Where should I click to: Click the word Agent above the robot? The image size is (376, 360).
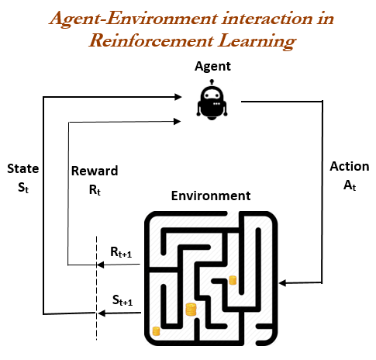click(x=212, y=67)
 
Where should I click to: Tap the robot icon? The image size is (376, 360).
click(x=212, y=100)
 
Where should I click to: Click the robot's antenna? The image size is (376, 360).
click(x=212, y=82)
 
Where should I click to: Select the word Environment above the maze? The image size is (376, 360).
click(x=211, y=196)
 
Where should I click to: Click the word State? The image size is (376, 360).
click(x=23, y=168)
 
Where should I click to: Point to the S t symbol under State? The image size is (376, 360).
click(x=23, y=187)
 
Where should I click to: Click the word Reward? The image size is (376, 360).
click(x=95, y=171)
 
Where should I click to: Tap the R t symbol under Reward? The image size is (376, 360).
click(x=95, y=190)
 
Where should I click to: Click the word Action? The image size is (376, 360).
click(x=350, y=166)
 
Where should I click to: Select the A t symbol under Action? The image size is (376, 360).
click(x=350, y=185)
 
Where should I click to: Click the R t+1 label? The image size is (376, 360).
click(x=121, y=252)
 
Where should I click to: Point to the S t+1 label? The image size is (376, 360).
click(x=122, y=300)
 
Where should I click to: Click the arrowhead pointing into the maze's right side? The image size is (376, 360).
click(x=283, y=283)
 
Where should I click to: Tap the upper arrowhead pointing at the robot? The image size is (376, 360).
click(x=178, y=97)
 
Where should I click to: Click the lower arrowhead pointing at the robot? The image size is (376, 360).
click(x=177, y=121)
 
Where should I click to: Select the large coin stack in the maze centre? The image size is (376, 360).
click(x=191, y=310)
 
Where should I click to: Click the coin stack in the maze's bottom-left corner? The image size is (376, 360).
click(x=156, y=331)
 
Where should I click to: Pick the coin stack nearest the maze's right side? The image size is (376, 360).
click(x=233, y=280)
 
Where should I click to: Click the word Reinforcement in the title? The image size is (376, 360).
click(x=151, y=41)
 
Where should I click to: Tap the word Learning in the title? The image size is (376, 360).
click(x=257, y=41)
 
